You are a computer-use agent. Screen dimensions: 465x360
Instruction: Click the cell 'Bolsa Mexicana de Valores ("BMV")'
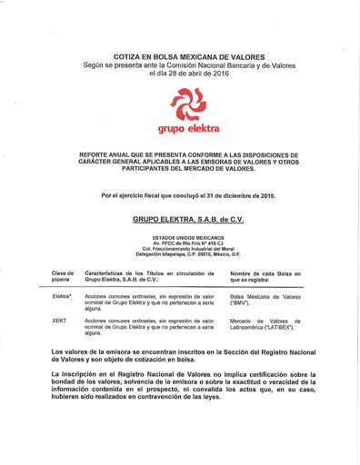tap(265, 300)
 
